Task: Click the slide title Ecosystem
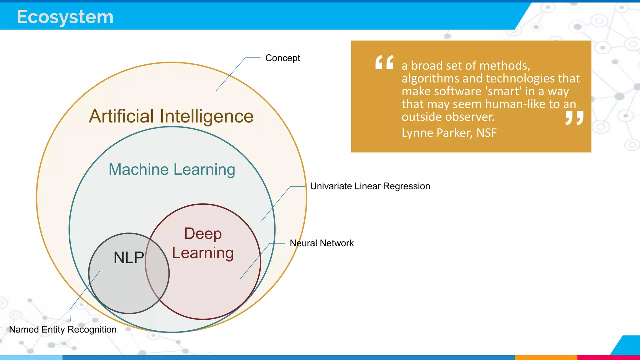(x=65, y=17)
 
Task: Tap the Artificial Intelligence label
(x=171, y=116)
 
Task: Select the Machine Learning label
(x=172, y=169)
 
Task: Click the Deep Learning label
(x=203, y=243)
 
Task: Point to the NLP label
(x=128, y=257)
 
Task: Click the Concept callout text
(x=282, y=58)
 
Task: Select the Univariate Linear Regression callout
(x=370, y=186)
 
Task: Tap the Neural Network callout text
(x=322, y=243)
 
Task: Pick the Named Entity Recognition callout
(x=63, y=329)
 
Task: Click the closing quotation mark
(x=574, y=118)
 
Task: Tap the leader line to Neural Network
(x=255, y=261)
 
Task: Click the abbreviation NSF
(x=487, y=133)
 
